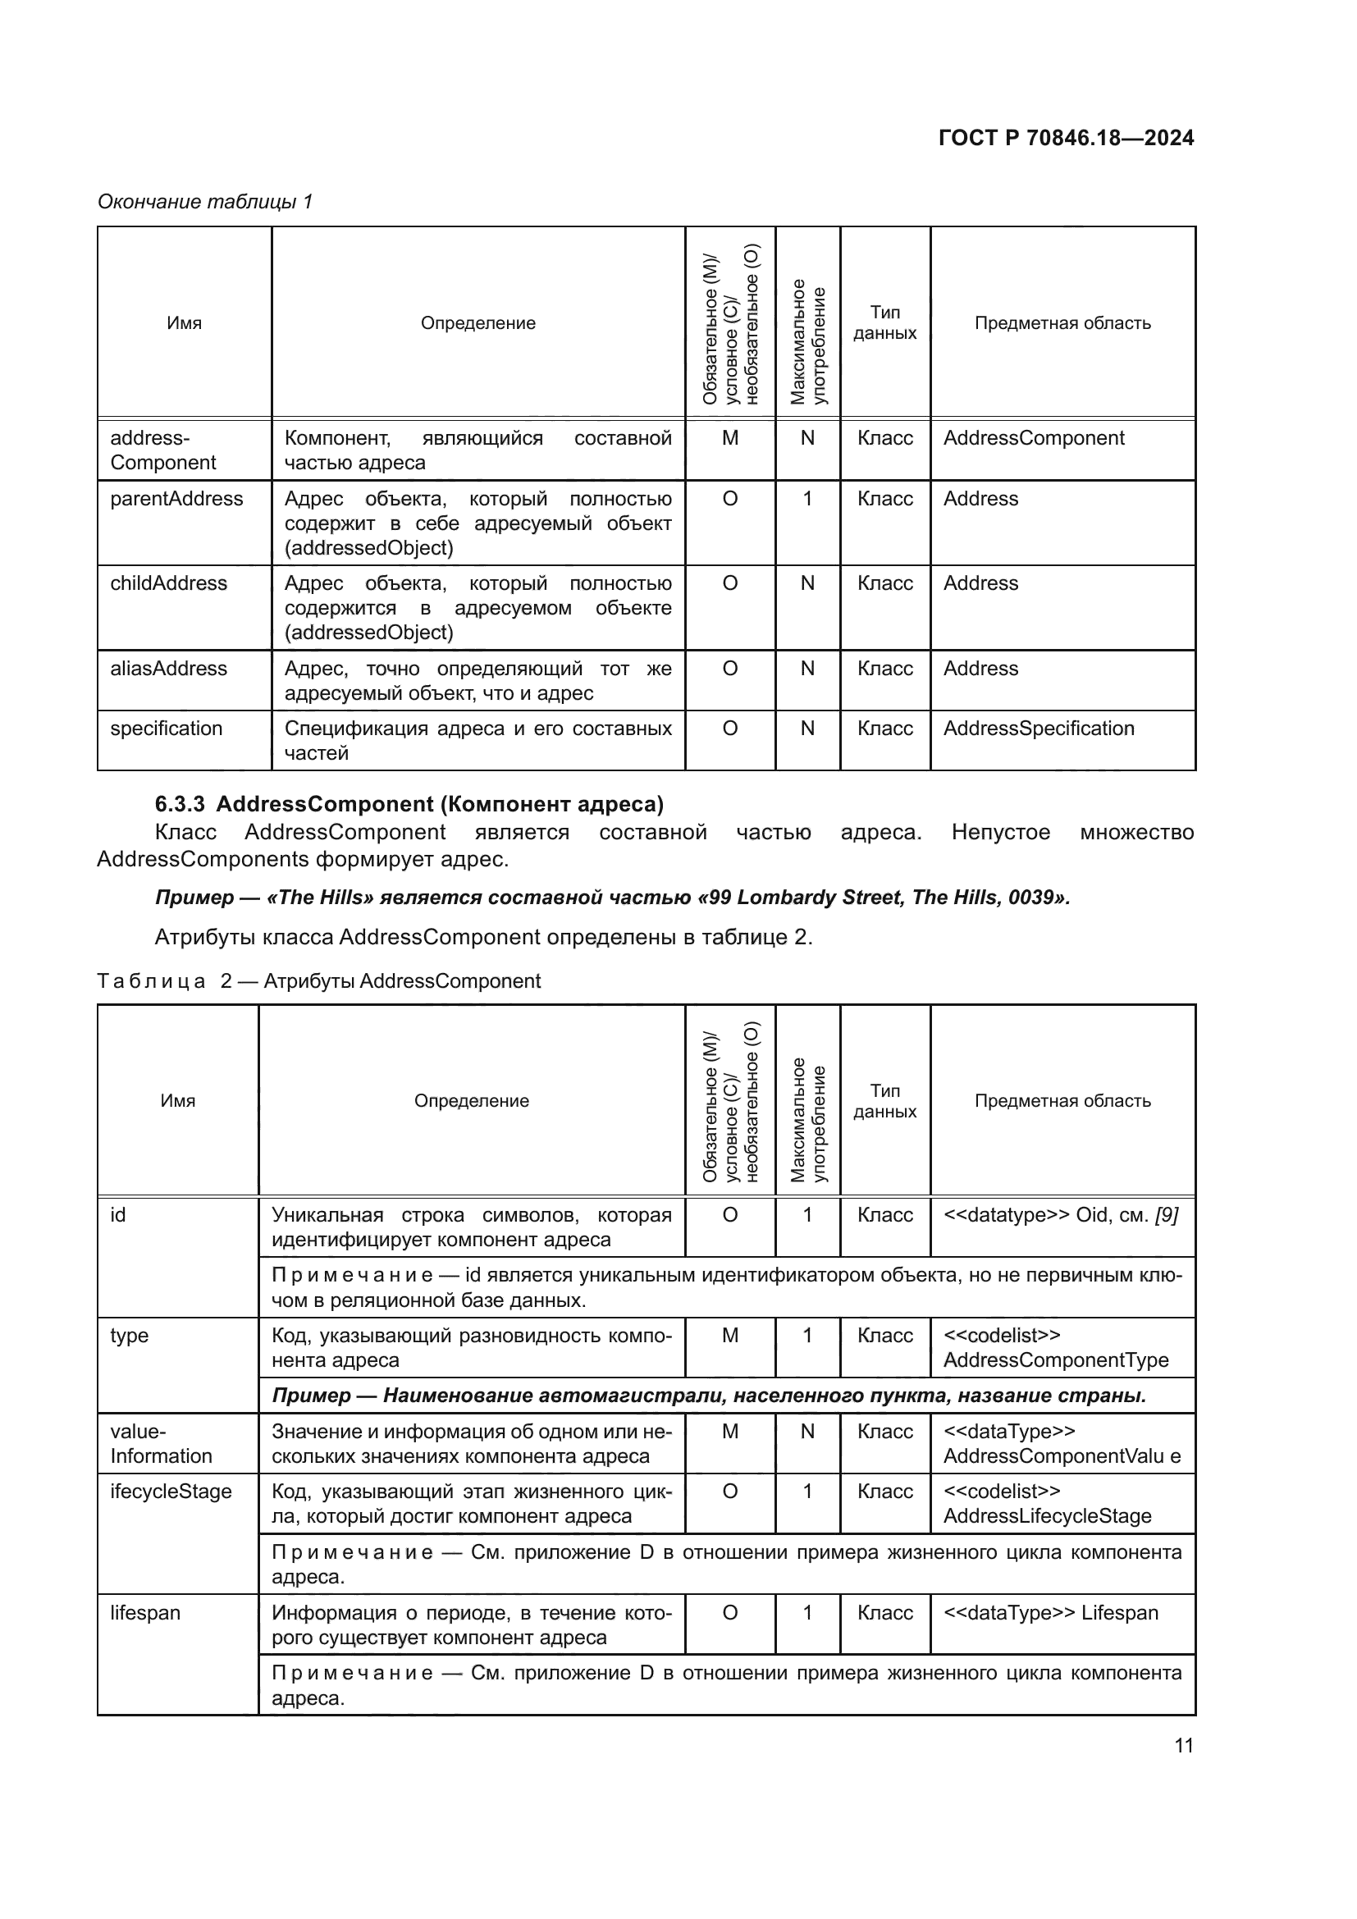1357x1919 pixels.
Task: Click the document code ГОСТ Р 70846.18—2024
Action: pos(1066,138)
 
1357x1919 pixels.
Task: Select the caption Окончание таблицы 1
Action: pos(205,202)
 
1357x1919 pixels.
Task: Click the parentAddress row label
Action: pos(176,499)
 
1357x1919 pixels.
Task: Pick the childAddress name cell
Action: pos(168,583)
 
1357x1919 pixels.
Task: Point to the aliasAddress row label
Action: pos(168,669)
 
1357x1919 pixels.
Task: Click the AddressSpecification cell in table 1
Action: pos(1038,728)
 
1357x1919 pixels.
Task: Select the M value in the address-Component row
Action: pos(729,438)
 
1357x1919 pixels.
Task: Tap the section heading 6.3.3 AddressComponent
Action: pos(409,804)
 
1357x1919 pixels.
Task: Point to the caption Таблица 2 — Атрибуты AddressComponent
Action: pos(318,981)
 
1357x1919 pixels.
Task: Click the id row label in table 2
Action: pos(118,1215)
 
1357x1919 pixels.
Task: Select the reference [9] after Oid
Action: pos(1167,1215)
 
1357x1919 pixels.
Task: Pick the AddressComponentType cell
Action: pos(1055,1359)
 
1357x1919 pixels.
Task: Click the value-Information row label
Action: pos(161,1443)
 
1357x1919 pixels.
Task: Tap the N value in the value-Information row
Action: pos(806,1432)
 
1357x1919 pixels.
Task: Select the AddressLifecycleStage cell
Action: pos(1047,1515)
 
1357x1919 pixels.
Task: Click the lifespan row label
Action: pos(144,1613)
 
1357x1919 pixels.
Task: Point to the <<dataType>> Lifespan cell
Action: pos(1050,1613)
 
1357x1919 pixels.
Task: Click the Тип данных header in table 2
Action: pos(884,1101)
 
